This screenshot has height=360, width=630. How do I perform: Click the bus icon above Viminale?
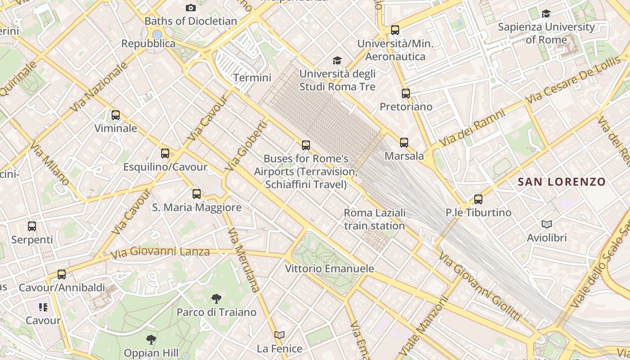click(x=116, y=115)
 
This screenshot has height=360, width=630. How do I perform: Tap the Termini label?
click(x=252, y=78)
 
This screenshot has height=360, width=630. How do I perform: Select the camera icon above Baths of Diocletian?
click(x=191, y=8)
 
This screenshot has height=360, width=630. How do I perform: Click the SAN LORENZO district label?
click(x=562, y=182)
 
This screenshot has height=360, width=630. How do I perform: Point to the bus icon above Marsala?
click(x=404, y=143)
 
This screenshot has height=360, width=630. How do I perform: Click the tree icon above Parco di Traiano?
click(x=216, y=298)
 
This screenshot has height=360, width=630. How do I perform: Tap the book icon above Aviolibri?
click(x=547, y=224)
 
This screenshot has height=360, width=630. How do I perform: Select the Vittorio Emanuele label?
click(x=329, y=269)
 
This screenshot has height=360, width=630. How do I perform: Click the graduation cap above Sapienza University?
click(x=546, y=14)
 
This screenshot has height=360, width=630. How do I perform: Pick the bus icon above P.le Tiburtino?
click(x=478, y=199)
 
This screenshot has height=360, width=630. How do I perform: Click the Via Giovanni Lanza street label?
click(x=160, y=252)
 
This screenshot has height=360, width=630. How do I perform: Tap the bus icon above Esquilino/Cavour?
click(x=165, y=153)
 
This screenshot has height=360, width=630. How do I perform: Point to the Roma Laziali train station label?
click(x=374, y=219)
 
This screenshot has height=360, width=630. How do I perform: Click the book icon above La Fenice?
click(x=279, y=335)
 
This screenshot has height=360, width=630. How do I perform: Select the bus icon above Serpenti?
click(x=32, y=226)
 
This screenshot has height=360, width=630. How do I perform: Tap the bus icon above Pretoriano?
click(x=406, y=94)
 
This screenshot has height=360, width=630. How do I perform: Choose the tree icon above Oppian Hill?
click(x=151, y=340)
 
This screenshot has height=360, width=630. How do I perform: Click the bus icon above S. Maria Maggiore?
click(x=197, y=194)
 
